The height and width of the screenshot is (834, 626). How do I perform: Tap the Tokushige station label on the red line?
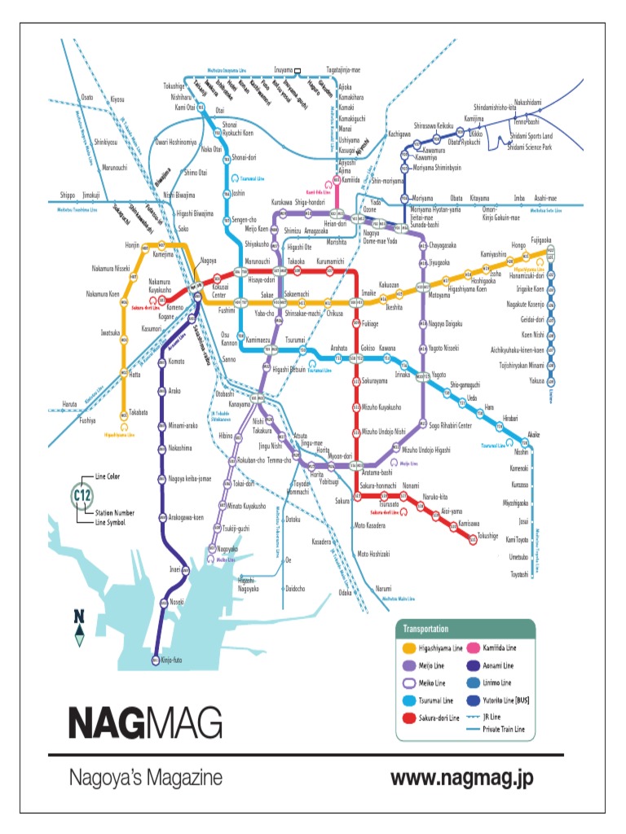[x=487, y=535]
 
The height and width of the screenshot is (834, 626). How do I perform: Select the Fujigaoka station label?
[x=544, y=240]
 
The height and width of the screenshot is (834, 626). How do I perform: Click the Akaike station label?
[x=533, y=435]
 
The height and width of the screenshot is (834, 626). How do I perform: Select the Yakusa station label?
[x=536, y=380]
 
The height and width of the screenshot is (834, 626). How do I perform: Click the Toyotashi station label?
[x=519, y=574]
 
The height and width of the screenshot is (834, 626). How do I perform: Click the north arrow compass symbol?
[x=79, y=627]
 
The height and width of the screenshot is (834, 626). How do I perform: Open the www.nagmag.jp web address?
[x=461, y=778]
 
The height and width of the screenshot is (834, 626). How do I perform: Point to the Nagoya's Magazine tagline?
[x=144, y=778]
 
